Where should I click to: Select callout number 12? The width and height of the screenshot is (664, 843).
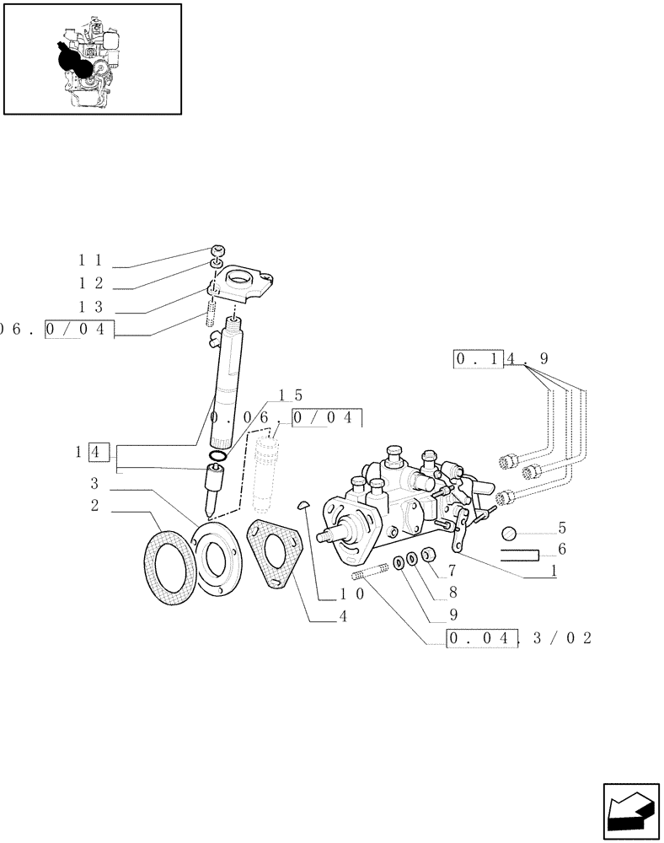coord(91,285)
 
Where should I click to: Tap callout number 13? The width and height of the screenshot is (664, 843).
coord(91,308)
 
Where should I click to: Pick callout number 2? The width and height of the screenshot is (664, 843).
coord(94,506)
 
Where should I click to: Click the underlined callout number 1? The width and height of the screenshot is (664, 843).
coord(553,571)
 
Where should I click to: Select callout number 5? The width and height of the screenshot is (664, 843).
coord(561,530)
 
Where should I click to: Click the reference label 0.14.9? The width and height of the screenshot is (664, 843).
coord(501,359)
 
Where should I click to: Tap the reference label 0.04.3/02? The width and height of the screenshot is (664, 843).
coord(519,639)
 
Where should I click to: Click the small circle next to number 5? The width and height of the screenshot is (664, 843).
coord(509,533)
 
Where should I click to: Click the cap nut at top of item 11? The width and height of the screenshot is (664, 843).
coord(217,250)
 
